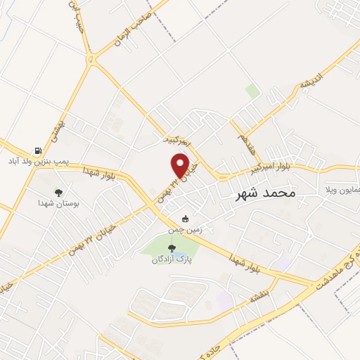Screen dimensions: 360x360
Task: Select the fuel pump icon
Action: click(37, 150)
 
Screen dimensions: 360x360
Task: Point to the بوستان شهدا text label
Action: click(58, 202)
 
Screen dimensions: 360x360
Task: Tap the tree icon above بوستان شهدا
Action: click(58, 191)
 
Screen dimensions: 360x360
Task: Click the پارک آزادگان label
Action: click(172, 259)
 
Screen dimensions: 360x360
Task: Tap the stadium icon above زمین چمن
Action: click(185, 219)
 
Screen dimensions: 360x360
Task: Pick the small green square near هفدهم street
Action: click(252, 91)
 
